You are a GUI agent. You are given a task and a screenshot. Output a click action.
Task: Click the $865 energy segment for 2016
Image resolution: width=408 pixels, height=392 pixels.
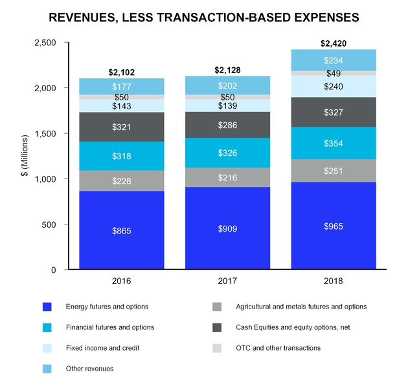click(121, 230)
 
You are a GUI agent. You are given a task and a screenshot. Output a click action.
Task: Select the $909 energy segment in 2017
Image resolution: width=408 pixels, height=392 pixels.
click(227, 228)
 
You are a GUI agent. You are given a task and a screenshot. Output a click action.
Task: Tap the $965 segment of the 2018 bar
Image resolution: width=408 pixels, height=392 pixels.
click(333, 226)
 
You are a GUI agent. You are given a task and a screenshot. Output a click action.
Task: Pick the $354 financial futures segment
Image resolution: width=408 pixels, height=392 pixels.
click(333, 143)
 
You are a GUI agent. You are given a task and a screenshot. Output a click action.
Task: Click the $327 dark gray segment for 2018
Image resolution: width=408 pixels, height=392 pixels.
click(333, 112)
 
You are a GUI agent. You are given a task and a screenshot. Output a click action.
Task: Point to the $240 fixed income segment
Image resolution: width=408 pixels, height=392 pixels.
click(333, 87)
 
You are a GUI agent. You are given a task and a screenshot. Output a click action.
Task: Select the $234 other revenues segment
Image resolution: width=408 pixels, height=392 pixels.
click(333, 60)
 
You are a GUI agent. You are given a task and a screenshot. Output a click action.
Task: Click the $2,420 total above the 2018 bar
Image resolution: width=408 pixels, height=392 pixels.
click(333, 44)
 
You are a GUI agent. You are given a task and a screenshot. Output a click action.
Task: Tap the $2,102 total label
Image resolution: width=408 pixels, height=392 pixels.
click(121, 72)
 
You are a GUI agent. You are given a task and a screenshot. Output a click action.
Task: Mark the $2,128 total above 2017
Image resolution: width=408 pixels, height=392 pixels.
click(227, 70)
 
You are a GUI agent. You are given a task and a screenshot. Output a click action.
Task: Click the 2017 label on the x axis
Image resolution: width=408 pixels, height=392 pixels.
click(227, 281)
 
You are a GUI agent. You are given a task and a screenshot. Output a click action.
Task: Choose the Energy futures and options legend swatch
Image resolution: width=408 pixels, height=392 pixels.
click(46, 307)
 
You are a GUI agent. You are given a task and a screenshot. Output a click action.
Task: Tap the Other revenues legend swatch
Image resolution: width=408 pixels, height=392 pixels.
click(46, 369)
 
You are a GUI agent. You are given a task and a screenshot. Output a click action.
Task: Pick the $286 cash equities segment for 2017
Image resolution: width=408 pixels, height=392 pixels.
click(227, 125)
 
